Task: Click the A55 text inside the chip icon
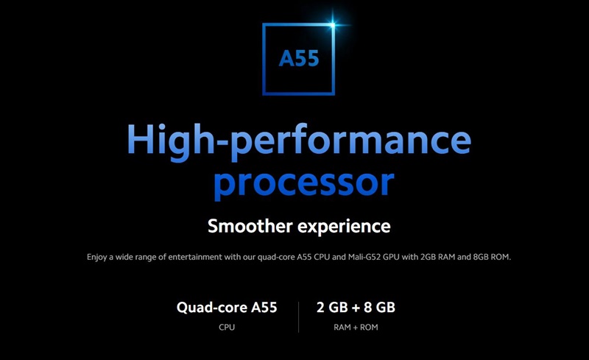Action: (x=299, y=59)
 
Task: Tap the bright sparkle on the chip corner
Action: (x=333, y=25)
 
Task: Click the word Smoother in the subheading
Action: (x=250, y=226)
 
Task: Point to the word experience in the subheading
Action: (x=344, y=227)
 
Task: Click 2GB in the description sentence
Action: (x=428, y=257)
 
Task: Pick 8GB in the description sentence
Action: (x=481, y=257)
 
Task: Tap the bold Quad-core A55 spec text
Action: (x=227, y=308)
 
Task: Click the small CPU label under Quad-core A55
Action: (x=227, y=328)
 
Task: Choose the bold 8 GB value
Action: (x=379, y=308)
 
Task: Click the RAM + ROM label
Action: (x=356, y=328)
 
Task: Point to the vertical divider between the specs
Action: (x=299, y=317)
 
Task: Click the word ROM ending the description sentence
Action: (x=501, y=257)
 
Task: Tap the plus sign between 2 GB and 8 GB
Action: (x=356, y=308)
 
